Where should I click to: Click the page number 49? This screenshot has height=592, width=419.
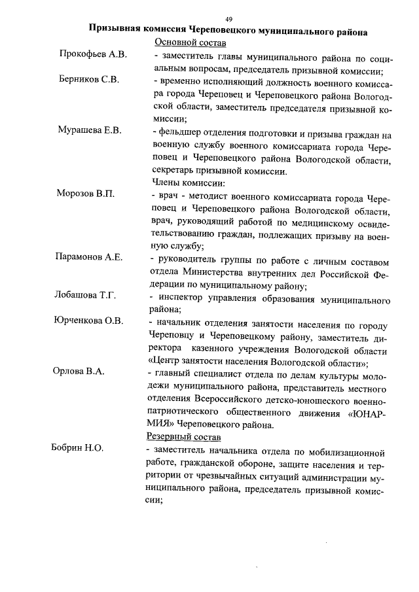tap(228, 19)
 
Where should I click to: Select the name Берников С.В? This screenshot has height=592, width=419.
tap(89, 80)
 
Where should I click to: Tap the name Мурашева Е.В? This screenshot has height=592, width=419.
tap(89, 130)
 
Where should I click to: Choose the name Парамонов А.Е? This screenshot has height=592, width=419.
tap(89, 256)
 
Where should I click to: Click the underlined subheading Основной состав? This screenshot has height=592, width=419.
tap(190, 43)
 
